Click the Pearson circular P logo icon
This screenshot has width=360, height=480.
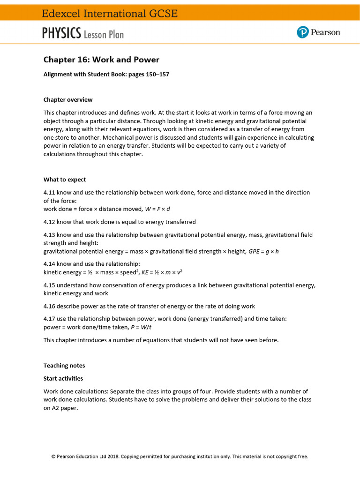(x=303, y=32)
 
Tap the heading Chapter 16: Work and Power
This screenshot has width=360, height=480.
(x=101, y=60)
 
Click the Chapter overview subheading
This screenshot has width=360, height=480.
(x=68, y=100)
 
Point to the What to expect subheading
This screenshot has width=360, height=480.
(x=65, y=180)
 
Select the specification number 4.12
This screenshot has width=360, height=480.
(x=49, y=222)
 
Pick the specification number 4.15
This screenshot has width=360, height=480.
(x=49, y=285)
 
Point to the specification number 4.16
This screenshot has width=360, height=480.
(x=49, y=306)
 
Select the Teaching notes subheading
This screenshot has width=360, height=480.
(x=64, y=365)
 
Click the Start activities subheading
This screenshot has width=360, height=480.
(x=63, y=378)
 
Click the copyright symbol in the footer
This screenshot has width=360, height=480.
(x=53, y=456)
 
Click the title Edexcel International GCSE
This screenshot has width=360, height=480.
(x=110, y=14)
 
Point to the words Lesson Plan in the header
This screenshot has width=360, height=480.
(x=104, y=34)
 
